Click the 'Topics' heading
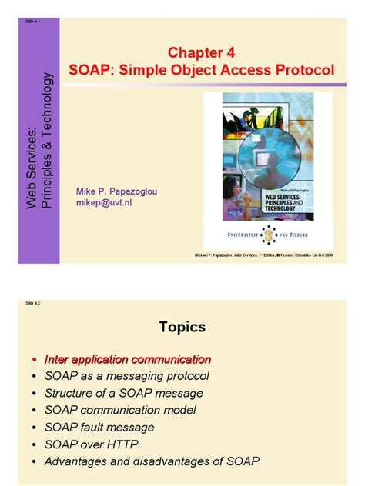coord(182,327)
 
